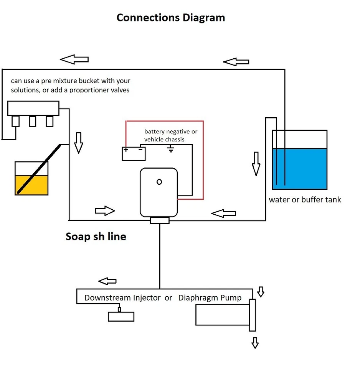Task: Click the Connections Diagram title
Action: (x=170, y=18)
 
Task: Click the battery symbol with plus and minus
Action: (x=134, y=153)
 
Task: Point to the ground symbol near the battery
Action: (x=171, y=149)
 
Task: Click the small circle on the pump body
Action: (x=159, y=182)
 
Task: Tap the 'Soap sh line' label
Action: (x=96, y=237)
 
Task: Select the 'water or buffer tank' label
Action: (x=305, y=199)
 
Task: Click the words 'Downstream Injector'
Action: (x=122, y=298)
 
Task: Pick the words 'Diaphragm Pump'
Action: (x=210, y=298)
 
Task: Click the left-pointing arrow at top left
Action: (x=74, y=59)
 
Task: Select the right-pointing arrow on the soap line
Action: (x=105, y=210)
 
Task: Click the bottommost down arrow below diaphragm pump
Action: (x=255, y=342)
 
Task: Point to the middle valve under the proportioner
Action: (x=33, y=121)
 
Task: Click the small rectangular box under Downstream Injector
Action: (x=121, y=316)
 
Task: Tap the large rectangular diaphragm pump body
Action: (x=222, y=315)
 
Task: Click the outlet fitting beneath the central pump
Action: (x=160, y=220)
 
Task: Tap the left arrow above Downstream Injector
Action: (x=107, y=281)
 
